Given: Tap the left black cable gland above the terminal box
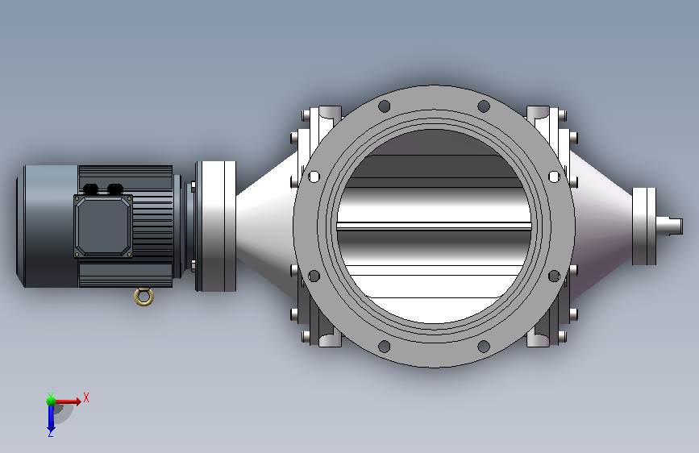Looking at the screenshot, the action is (90, 189).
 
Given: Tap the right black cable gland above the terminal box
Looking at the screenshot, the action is (115, 189).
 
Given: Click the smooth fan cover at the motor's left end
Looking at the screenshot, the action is (48, 226).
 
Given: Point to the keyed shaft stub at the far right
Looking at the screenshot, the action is (669, 226).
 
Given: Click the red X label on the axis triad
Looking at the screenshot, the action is (86, 397).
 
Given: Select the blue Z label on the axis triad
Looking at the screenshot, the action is (50, 433).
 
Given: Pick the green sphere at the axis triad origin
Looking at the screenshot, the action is (52, 401).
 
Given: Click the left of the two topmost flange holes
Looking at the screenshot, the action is (384, 106).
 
